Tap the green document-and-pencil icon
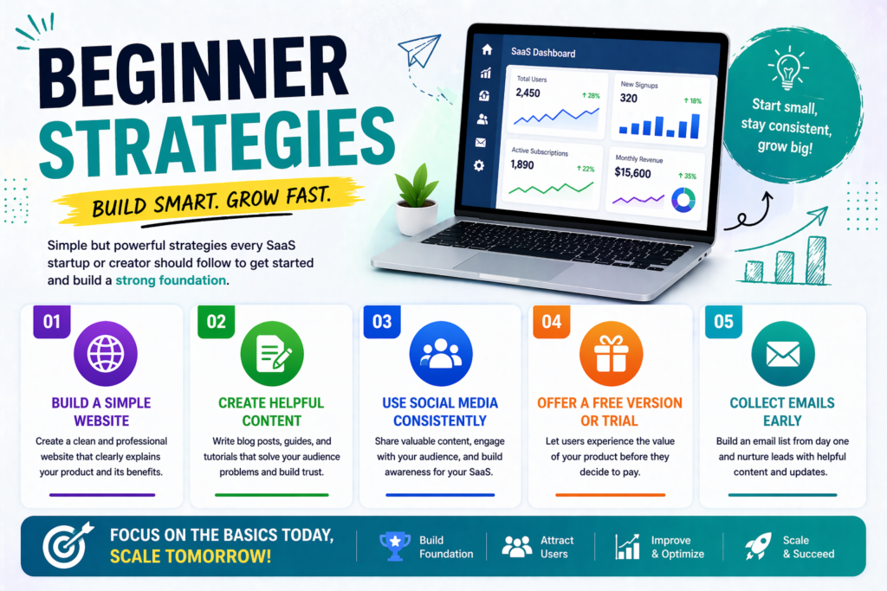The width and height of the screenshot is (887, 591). [x=271, y=354]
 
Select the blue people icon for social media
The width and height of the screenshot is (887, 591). [x=441, y=354]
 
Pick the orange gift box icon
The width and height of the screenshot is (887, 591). [x=611, y=354]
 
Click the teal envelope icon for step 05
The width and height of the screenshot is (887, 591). [x=782, y=354]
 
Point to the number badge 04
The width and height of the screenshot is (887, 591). [x=551, y=322]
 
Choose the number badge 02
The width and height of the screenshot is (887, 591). [x=216, y=322]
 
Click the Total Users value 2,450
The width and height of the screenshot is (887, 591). [x=528, y=93]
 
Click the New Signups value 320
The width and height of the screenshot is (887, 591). [x=629, y=98]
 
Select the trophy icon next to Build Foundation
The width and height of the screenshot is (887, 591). [x=395, y=546]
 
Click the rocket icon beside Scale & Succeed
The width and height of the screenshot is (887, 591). [x=758, y=546]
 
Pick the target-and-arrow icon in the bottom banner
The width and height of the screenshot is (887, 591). [x=66, y=546]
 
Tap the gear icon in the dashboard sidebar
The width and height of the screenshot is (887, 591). [x=480, y=165]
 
